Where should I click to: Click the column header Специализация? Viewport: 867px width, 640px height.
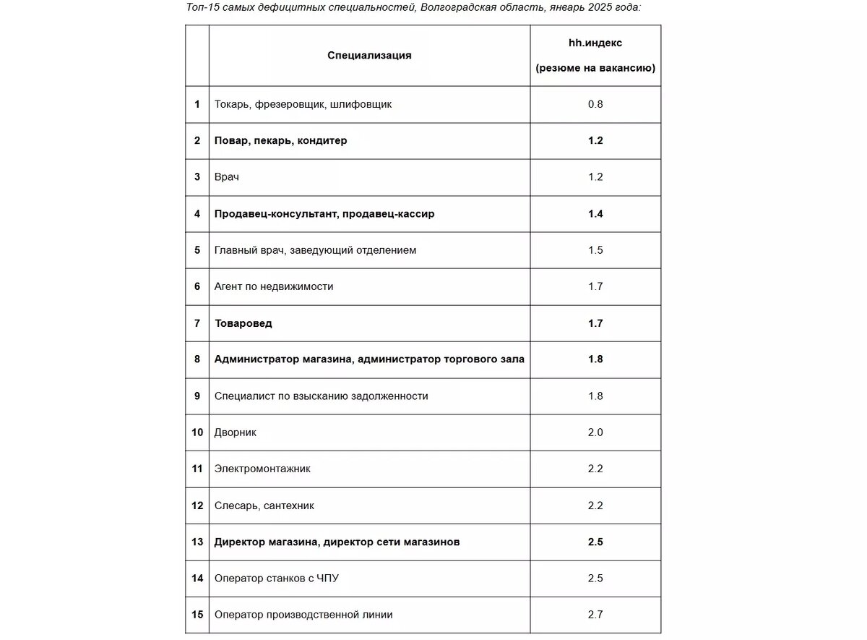point(369,55)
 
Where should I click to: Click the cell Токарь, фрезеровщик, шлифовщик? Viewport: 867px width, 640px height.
point(303,104)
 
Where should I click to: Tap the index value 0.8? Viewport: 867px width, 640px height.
point(595,104)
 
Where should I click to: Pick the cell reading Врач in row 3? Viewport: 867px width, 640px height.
point(226,177)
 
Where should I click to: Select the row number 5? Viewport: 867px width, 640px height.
point(197,250)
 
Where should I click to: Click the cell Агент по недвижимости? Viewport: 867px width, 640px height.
point(274,286)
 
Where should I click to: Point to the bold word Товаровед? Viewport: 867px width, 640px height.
point(243,323)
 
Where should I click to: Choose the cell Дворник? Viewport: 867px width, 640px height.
point(235,432)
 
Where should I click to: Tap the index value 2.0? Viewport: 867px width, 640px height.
point(595,432)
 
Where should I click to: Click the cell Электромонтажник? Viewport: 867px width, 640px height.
point(262,469)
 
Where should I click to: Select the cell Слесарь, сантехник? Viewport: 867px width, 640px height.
point(264,505)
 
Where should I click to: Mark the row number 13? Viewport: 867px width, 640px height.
point(197,542)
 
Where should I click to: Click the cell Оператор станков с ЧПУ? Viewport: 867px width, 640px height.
point(277,579)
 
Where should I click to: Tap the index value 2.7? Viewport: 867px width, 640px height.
point(595,615)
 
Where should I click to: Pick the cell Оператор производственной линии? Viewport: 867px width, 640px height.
point(303,615)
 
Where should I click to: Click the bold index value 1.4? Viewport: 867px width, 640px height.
point(595,213)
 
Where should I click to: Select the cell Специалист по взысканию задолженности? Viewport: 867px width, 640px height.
point(321,396)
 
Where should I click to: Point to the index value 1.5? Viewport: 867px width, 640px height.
point(595,250)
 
